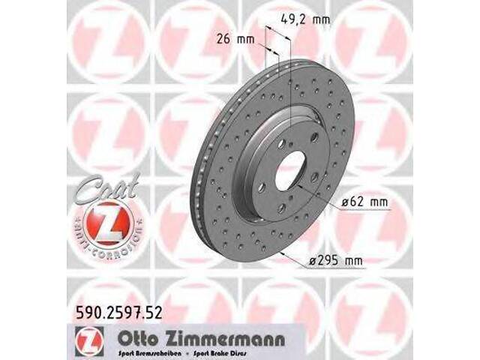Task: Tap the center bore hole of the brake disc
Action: tap(289, 174)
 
